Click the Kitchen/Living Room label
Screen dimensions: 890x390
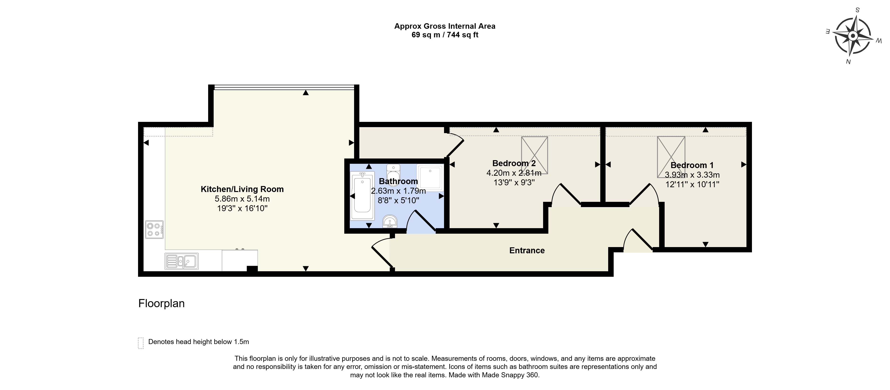(242, 189)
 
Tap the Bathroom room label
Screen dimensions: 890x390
(398, 181)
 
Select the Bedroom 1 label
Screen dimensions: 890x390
(692, 165)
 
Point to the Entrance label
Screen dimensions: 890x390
(527, 250)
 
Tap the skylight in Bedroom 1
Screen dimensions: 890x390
(671, 157)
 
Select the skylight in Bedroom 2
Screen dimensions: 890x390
(534, 155)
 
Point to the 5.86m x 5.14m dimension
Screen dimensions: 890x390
(242, 199)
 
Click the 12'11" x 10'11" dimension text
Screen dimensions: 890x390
(692, 184)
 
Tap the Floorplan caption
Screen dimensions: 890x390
(161, 303)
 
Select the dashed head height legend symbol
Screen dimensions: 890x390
(141, 343)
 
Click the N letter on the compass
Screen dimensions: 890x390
(848, 62)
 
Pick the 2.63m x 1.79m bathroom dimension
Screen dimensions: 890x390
(398, 191)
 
